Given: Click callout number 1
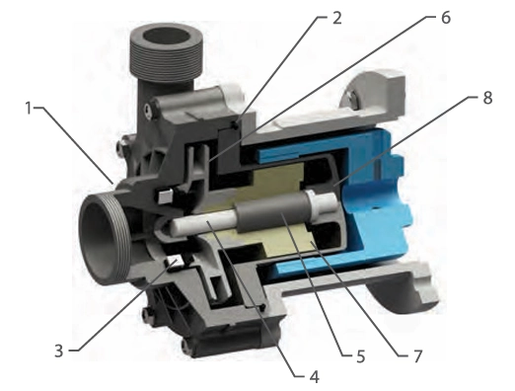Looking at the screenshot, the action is (29, 108).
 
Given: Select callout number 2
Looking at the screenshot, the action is (337, 19).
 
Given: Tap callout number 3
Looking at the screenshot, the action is (58, 351).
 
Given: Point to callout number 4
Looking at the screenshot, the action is (315, 377).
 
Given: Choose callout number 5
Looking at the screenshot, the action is (361, 356).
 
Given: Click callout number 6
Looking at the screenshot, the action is (446, 18).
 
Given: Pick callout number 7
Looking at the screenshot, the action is (417, 356).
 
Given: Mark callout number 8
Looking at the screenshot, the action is (487, 98).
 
